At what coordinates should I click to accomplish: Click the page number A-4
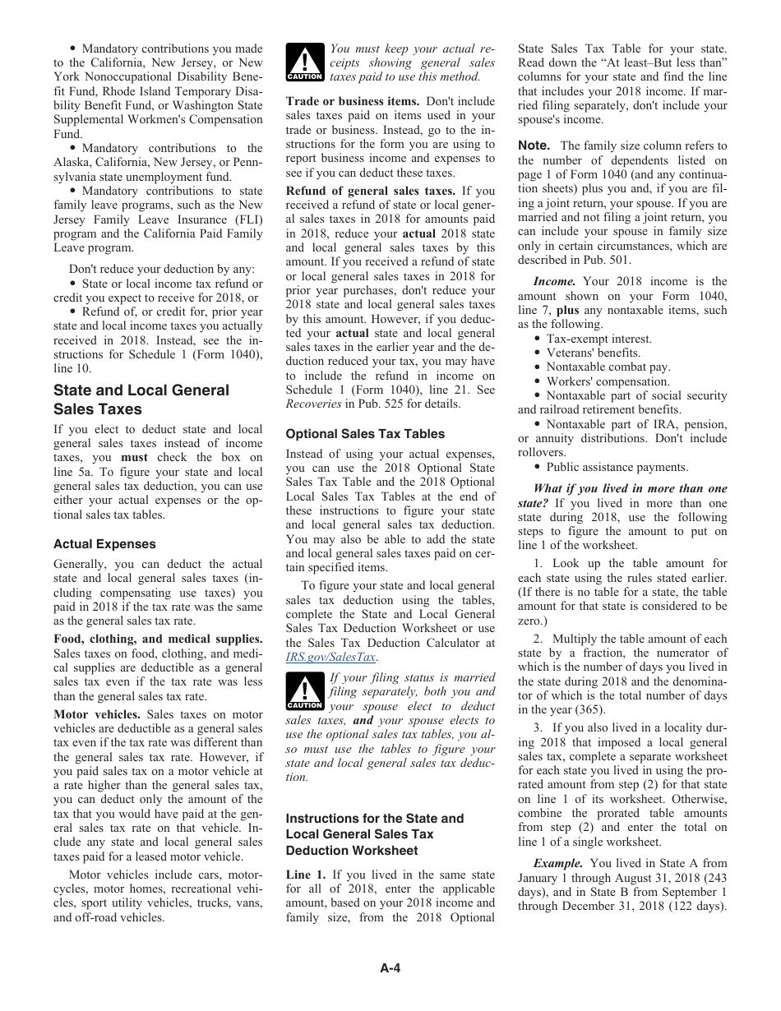pyautogui.click(x=390, y=967)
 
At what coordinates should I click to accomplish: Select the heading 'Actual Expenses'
pyautogui.click(x=104, y=544)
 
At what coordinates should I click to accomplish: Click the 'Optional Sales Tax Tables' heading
pyautogui.click(x=365, y=433)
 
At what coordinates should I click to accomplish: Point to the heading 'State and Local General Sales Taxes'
pyautogui.click(x=141, y=399)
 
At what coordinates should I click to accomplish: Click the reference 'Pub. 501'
pyautogui.click(x=608, y=260)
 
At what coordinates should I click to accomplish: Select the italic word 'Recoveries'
pyautogui.click(x=313, y=404)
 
